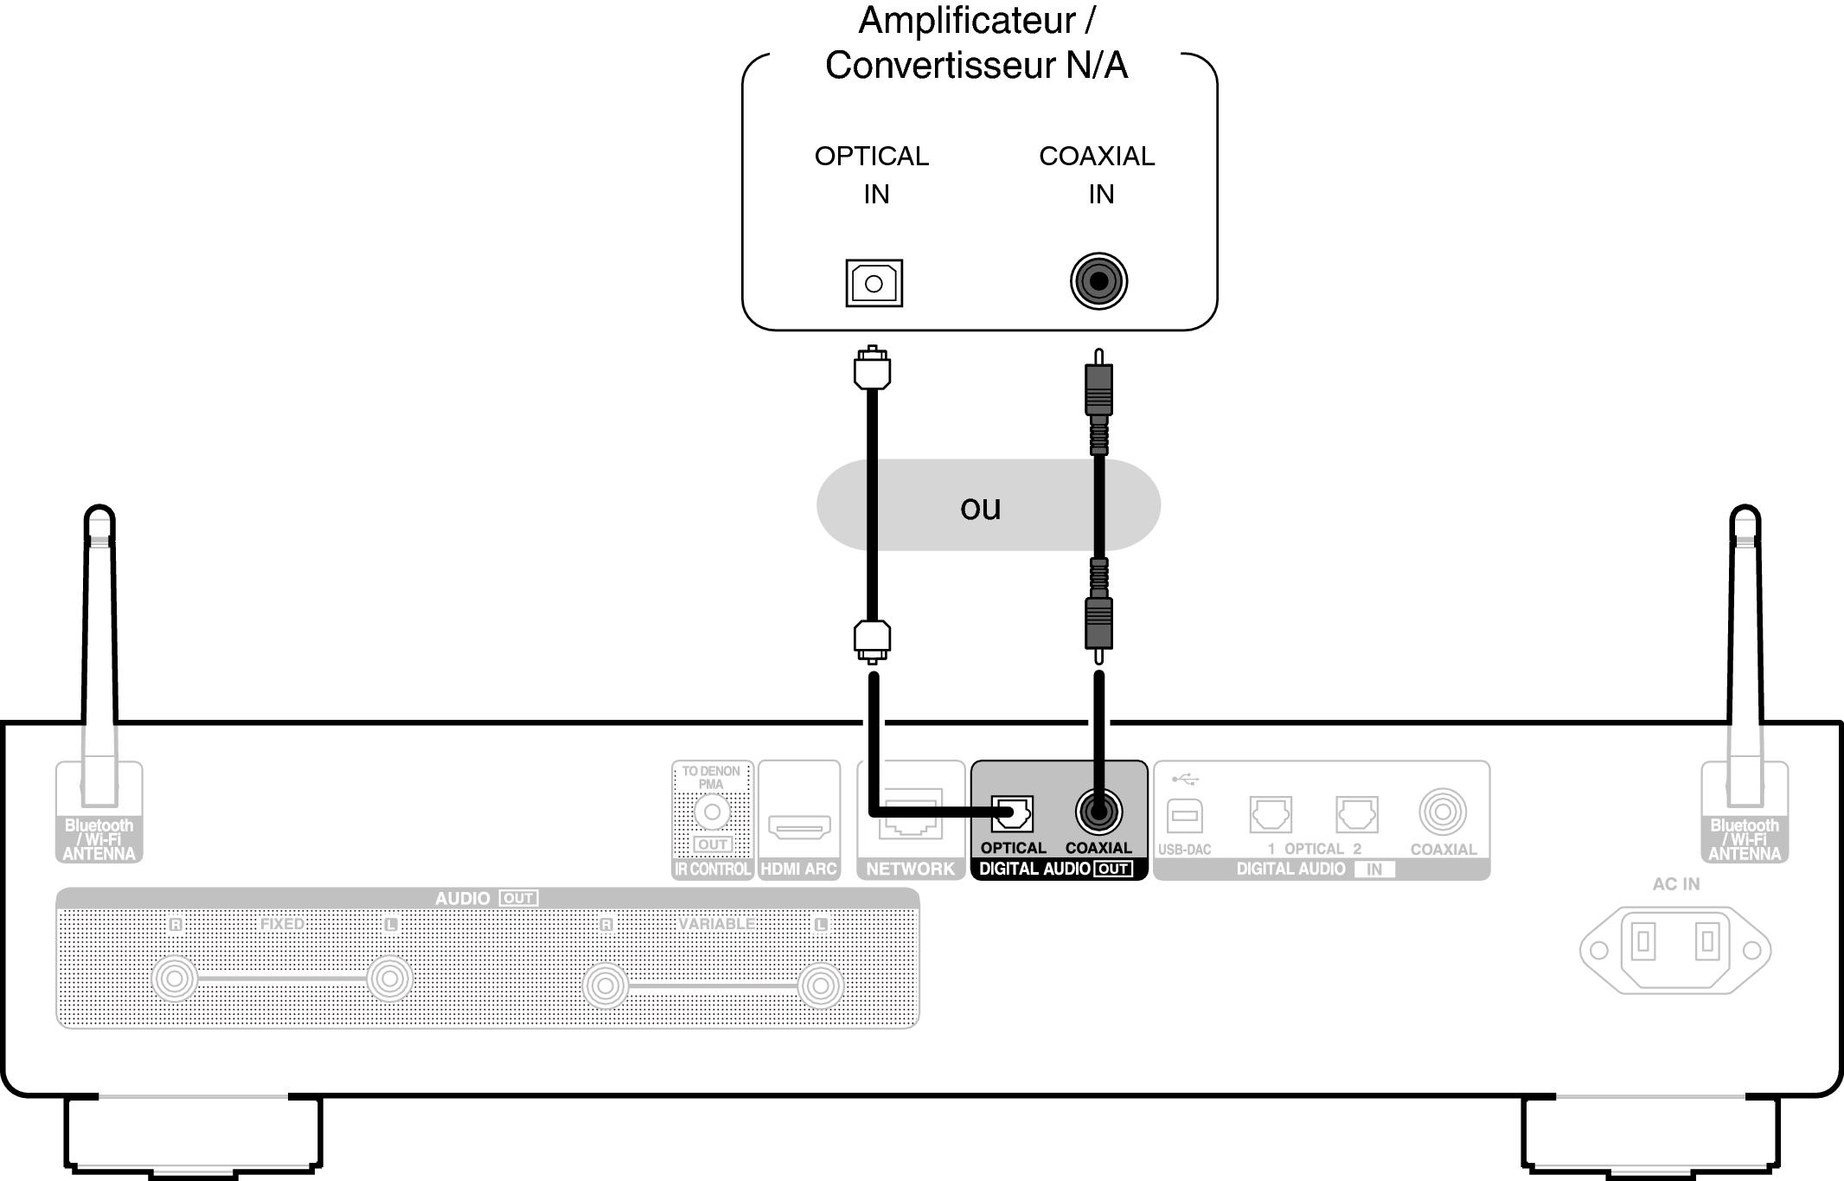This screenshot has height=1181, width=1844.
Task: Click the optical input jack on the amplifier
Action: (874, 283)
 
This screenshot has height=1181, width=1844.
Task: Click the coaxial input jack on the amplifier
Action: (1098, 281)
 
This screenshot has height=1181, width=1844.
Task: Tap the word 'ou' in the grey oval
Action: (980, 508)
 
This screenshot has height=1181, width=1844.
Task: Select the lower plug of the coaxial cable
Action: (1098, 623)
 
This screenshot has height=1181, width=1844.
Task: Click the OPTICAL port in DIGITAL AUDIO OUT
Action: (1011, 813)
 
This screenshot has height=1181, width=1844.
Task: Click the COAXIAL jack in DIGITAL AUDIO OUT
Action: (1098, 812)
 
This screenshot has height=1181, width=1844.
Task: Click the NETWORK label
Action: (910, 869)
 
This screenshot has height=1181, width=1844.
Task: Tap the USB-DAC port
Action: (1184, 816)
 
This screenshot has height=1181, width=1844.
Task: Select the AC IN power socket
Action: (1675, 950)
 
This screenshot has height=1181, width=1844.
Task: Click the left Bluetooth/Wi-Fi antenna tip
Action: (99, 519)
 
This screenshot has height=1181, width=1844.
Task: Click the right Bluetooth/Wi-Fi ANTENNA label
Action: (1744, 840)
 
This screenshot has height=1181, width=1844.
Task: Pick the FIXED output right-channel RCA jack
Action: (175, 979)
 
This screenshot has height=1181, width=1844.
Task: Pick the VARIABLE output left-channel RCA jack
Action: (820, 985)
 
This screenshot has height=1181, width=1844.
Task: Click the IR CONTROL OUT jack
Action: (712, 812)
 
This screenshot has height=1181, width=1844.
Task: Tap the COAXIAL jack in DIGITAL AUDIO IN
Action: (1442, 812)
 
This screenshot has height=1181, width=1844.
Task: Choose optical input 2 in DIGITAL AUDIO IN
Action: (1356, 814)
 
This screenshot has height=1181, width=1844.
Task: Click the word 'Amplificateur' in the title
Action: (966, 21)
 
